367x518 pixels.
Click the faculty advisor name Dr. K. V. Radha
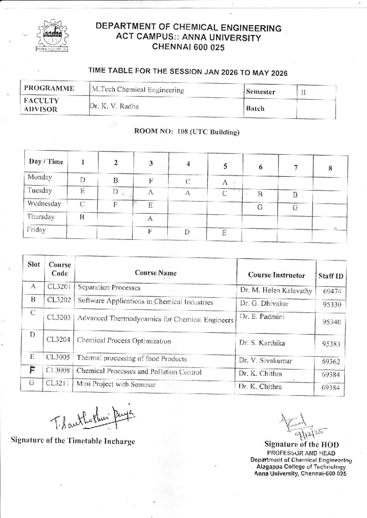[114, 106]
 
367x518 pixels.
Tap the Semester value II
[303, 92]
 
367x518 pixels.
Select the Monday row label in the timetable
[40, 177]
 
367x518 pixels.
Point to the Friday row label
[36, 230]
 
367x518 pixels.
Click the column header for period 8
[330, 168]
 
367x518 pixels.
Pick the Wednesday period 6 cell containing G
[260, 207]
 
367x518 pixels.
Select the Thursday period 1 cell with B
[82, 217]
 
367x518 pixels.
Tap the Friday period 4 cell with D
[187, 232]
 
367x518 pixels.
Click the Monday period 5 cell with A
[225, 183]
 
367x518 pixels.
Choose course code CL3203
[59, 318]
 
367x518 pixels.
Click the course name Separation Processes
[109, 287]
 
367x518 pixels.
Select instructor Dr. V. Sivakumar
[265, 361]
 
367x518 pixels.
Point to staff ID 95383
[331, 344]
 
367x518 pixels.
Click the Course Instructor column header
[276, 275]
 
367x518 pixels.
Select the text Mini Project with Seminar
[116, 384]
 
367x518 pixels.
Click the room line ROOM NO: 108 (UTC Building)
[187, 132]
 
